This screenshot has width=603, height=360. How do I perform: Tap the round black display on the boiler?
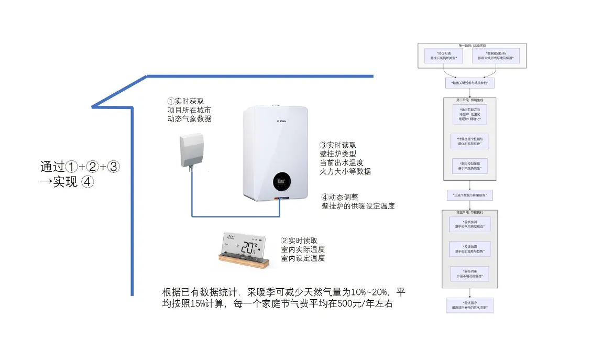tap(282, 181)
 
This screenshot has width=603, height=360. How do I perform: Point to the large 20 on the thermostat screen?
tap(248, 248)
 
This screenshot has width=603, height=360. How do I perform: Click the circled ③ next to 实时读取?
tap(323, 145)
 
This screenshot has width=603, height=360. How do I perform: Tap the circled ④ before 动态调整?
tap(325, 198)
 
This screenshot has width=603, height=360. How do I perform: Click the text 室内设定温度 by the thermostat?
tap(303, 258)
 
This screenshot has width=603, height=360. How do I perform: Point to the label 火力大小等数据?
tap(345, 171)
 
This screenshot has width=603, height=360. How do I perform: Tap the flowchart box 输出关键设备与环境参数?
tap(469, 83)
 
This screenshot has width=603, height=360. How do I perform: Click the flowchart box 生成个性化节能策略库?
tap(469, 195)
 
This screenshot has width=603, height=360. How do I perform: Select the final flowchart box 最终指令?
tap(469, 305)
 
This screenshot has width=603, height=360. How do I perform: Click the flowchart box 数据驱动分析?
tap(496, 56)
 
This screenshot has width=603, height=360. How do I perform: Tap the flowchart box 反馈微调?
tap(469, 249)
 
